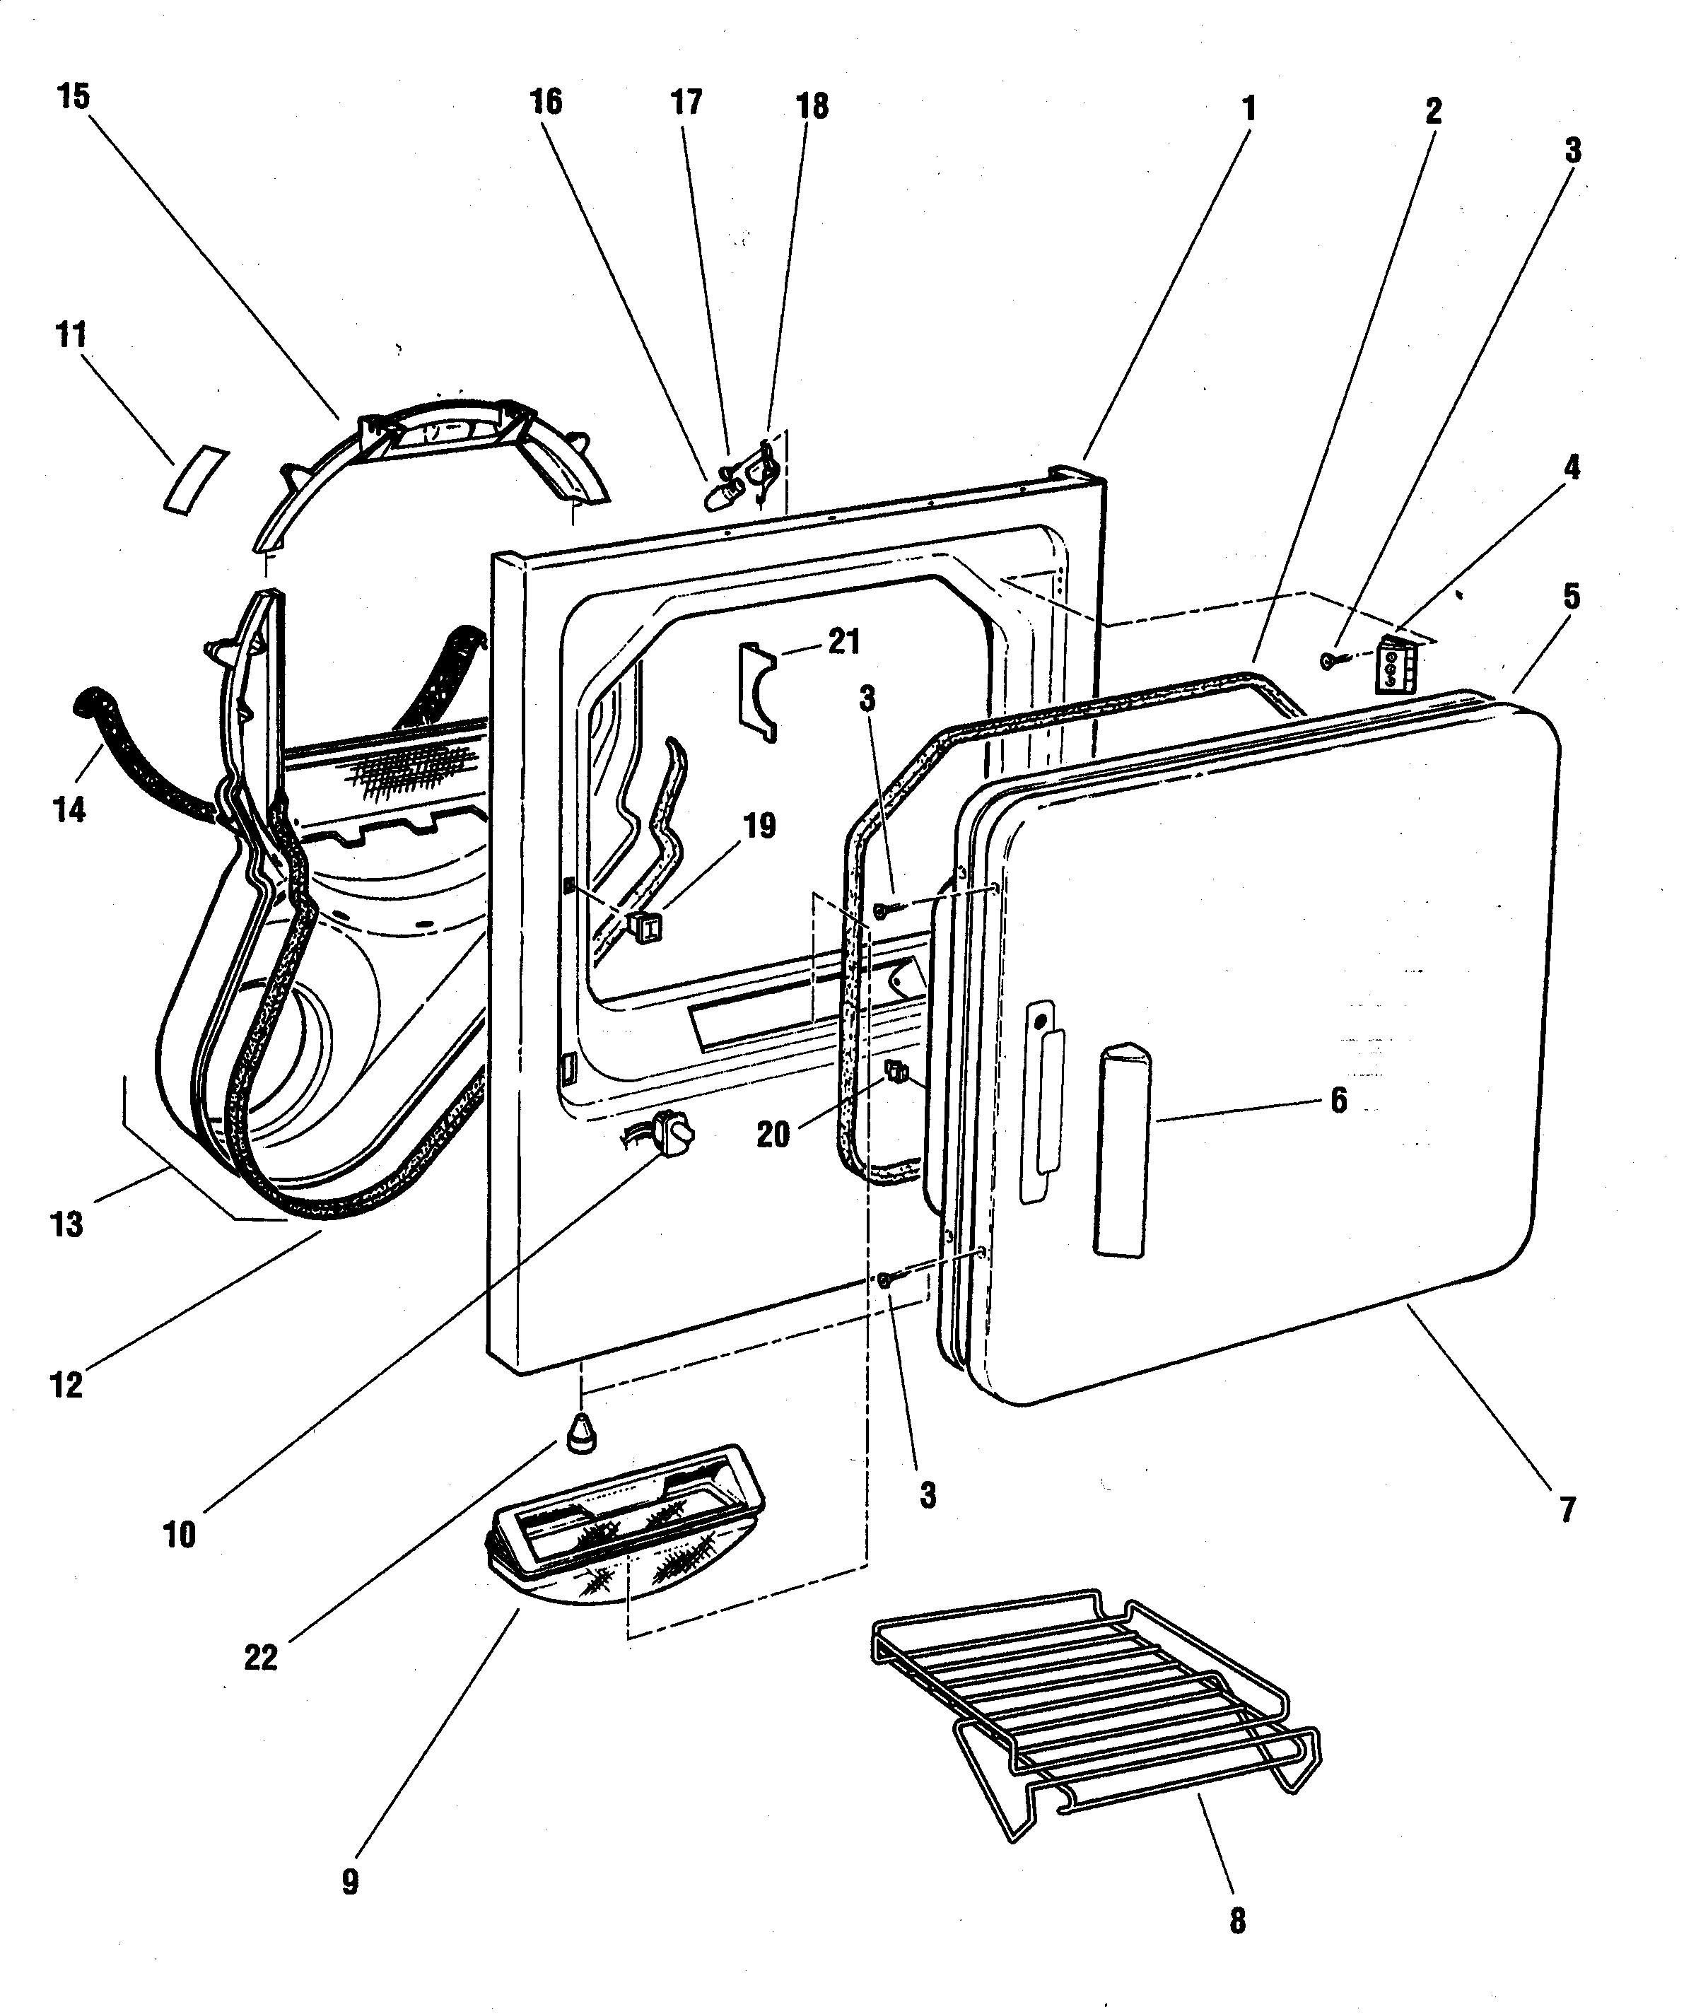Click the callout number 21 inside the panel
coord(844,641)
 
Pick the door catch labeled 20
coord(896,1070)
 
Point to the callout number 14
coord(69,809)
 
